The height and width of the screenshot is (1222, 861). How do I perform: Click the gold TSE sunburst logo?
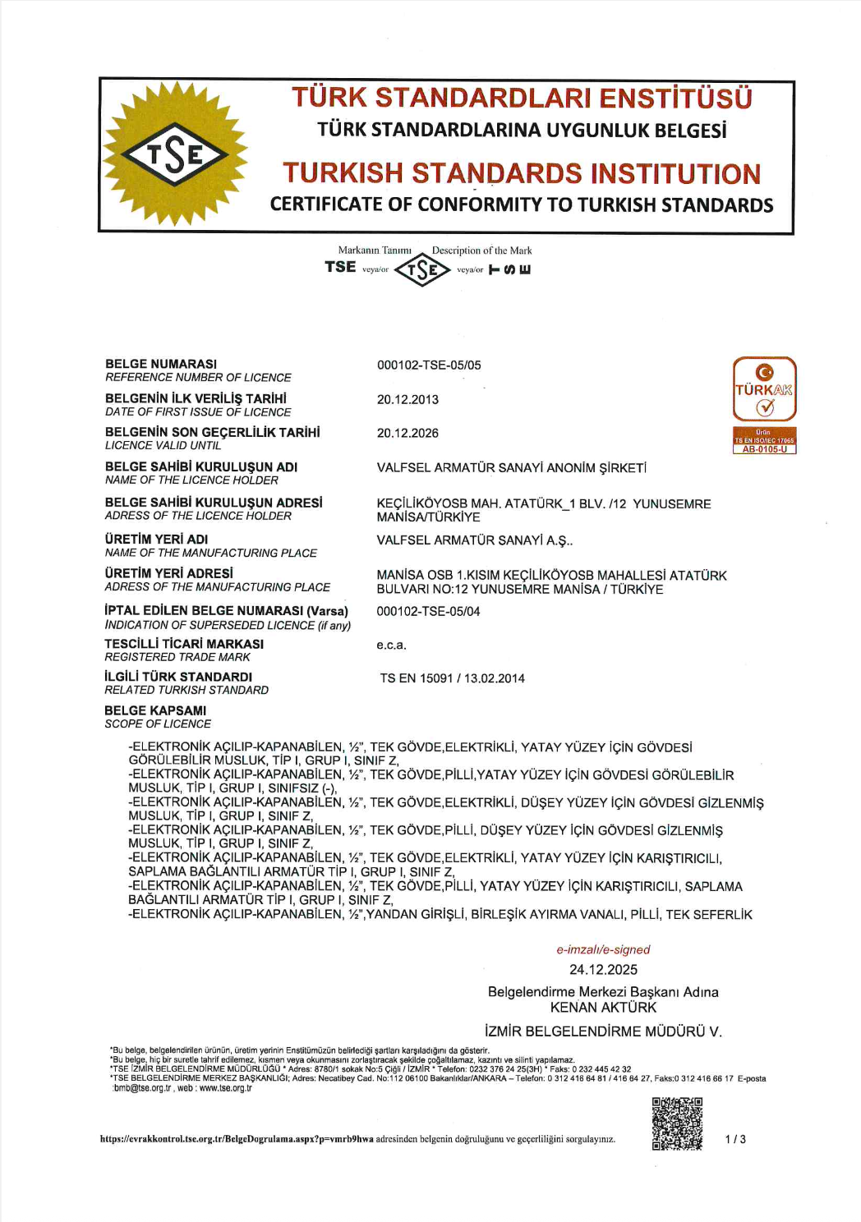coord(175,154)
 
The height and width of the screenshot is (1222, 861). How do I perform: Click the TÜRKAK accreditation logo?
coord(764,389)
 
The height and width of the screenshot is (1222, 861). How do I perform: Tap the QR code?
coord(677,1123)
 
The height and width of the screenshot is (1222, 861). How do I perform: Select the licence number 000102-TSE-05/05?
coord(429,365)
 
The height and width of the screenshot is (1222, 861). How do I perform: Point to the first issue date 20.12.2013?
coord(407,400)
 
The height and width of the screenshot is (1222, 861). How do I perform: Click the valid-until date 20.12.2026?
coord(407,434)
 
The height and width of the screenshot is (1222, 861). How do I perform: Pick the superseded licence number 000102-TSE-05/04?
coord(428,612)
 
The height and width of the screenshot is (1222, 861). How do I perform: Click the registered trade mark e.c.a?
coord(391,645)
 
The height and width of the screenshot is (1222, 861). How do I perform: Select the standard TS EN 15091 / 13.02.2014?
coord(452,678)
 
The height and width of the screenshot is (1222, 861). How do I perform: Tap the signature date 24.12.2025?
coord(603,970)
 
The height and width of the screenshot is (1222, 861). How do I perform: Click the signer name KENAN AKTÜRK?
coord(603,1008)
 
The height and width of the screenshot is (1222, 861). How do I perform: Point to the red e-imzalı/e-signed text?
coord(603,950)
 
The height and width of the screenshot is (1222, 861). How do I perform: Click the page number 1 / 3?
coord(735,1139)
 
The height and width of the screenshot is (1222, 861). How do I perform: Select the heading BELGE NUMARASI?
coord(161,364)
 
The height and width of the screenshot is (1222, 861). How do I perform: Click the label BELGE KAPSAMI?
coord(155,710)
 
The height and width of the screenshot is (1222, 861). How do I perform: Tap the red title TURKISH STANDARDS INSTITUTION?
coord(522,173)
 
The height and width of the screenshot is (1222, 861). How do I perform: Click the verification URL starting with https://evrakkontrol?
coord(237,1139)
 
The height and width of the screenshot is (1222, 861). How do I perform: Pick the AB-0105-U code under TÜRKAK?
coord(764,449)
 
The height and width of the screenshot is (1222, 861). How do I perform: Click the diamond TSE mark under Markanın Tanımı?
coord(422,269)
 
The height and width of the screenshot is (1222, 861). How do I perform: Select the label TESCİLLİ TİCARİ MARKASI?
coord(184,644)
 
